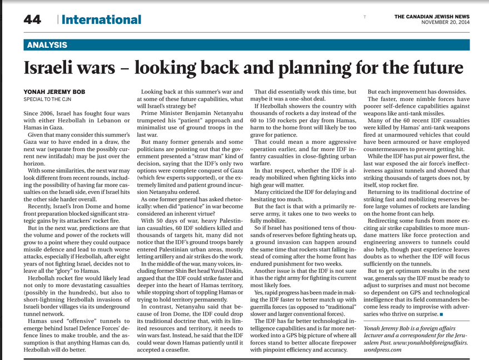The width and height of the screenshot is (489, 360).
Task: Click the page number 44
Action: (32, 20)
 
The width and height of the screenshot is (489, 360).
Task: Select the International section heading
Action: (101, 20)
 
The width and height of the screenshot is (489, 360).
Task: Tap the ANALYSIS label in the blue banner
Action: (47, 45)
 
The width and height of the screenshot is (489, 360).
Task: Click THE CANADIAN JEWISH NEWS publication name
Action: (432, 16)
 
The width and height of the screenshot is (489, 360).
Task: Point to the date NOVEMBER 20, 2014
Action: (445, 23)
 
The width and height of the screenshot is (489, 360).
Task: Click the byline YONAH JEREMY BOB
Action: (54, 91)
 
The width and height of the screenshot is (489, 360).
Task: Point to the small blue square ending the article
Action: (441, 315)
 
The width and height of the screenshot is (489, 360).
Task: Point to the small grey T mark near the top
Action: (365, 17)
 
